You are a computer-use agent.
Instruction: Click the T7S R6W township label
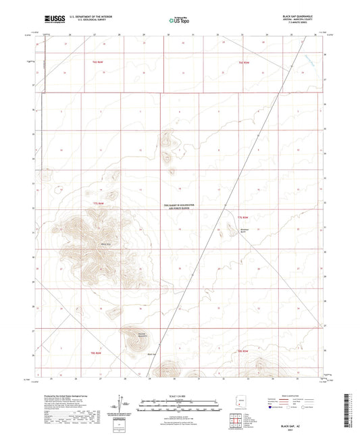99,202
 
